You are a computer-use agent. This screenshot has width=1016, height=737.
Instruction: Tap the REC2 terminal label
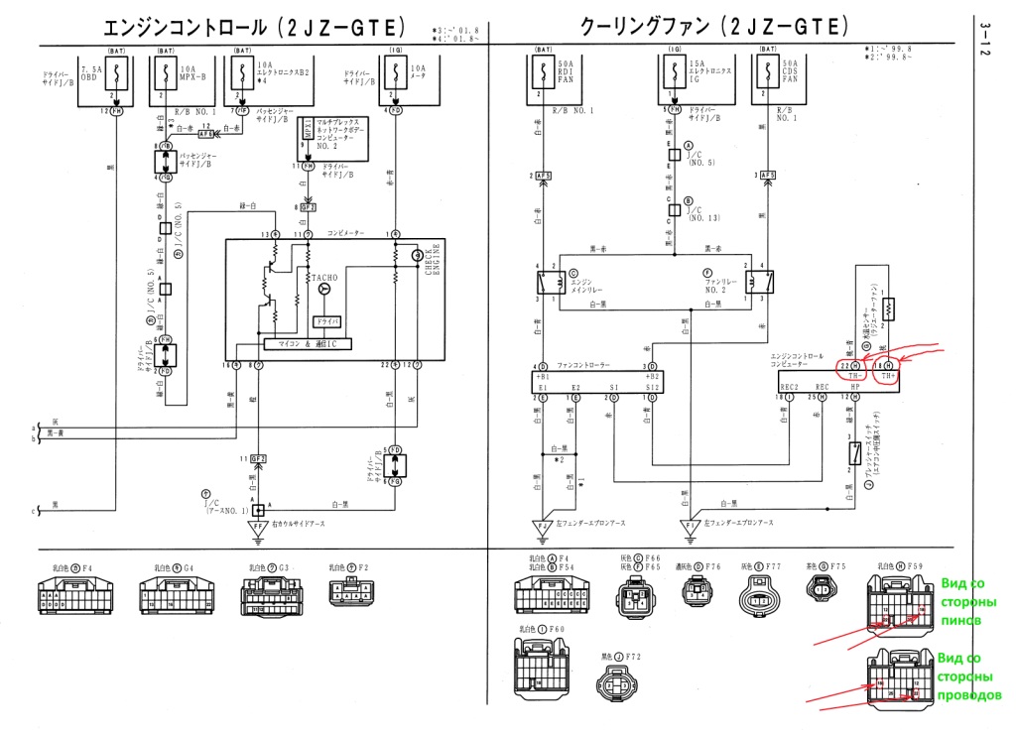[x=790, y=386]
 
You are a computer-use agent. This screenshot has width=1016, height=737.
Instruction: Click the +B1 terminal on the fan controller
[x=543, y=378]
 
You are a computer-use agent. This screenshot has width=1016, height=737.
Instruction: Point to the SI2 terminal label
[x=651, y=387]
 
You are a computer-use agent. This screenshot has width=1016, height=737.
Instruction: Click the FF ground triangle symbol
[x=259, y=527]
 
